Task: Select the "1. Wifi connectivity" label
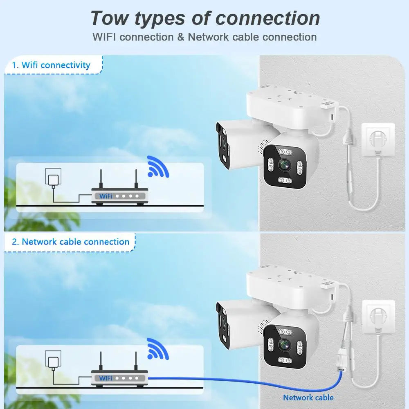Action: tap(51, 65)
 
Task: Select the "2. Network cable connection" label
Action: tap(70, 241)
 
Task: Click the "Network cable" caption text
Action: tap(308, 397)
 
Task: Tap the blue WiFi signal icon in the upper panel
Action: tap(157, 166)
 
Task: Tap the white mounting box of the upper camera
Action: tap(286, 106)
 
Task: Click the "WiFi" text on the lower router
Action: tap(106, 378)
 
